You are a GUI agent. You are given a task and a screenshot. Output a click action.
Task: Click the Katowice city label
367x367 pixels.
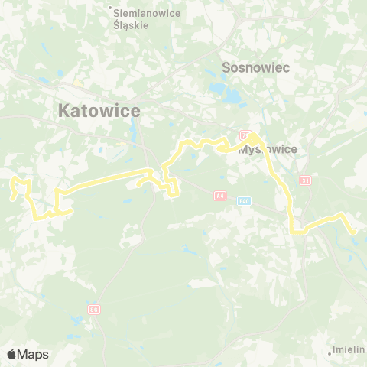click(99, 112)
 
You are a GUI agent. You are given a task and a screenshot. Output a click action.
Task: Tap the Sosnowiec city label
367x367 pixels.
click(253, 67)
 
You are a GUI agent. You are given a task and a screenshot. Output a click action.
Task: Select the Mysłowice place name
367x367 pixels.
click(268, 150)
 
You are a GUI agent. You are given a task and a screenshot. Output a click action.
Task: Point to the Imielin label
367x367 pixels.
click(349, 350)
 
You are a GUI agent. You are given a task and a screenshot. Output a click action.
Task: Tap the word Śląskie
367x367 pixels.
click(130, 24)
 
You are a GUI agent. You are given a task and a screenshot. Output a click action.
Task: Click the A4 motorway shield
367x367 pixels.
click(220, 196)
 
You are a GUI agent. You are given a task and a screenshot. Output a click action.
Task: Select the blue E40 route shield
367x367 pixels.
click(244, 201)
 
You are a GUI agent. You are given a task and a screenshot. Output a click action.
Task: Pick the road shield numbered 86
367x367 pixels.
click(94, 309)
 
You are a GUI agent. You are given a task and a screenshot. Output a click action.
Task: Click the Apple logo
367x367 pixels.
click(12, 354)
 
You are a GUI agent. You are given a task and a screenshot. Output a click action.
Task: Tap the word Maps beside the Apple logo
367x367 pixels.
click(33, 354)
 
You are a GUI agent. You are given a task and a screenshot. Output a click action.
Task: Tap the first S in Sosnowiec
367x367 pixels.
click(226, 67)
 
